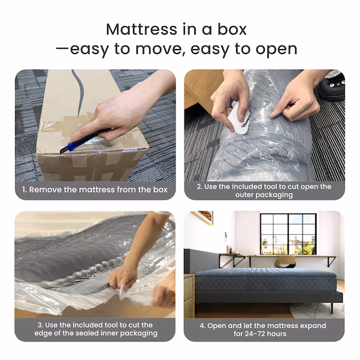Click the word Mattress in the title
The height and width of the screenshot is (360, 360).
142,29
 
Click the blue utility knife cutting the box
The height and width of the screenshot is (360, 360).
85,140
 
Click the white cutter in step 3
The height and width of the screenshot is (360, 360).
122,291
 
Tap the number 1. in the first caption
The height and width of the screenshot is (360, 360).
25,189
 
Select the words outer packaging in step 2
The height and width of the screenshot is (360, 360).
264,195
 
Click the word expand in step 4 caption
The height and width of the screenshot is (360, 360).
313,326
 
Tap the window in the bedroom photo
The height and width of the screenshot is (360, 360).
288,234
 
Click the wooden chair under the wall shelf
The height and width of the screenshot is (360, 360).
285,262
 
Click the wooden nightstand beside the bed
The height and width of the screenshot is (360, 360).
189,296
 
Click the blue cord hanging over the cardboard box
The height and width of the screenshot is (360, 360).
79,92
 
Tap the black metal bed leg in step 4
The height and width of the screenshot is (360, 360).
332,308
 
